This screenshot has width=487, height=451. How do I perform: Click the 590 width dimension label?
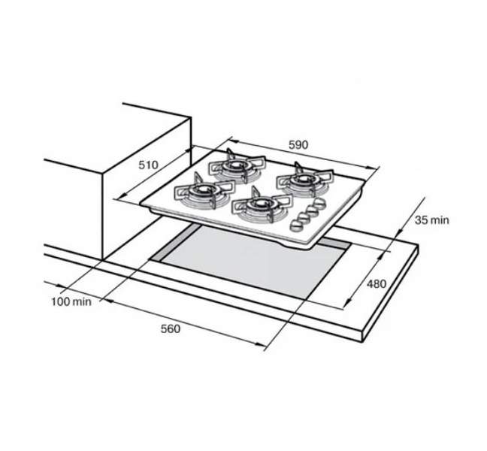tap(298, 145)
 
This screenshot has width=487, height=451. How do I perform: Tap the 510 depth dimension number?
tap(149, 165)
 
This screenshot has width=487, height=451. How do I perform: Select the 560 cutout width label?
tap(170, 328)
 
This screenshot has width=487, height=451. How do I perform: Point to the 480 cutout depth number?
tap(377, 283)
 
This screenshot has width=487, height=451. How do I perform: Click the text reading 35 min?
tap(432, 220)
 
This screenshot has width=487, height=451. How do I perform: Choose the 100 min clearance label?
tap(71, 301)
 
